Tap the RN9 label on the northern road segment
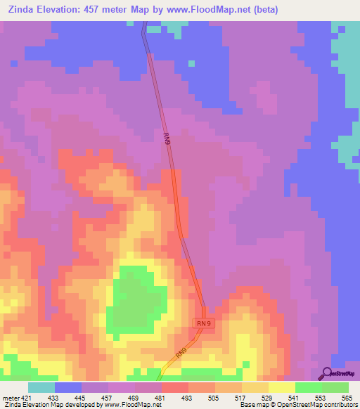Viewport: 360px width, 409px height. pyautogui.click(x=167, y=139)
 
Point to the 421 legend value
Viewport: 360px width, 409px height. pyautogui.click(x=28, y=397)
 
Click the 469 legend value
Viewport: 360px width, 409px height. pyautogui.click(x=134, y=397)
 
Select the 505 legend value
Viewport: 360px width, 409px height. pyautogui.click(x=214, y=397)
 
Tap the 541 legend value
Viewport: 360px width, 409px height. pyautogui.click(x=294, y=397)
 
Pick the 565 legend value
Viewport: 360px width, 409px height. pyautogui.click(x=347, y=397)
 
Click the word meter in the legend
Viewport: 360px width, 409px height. pyautogui.click(x=11, y=397)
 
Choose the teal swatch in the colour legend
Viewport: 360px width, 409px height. pyautogui.click(x=41, y=387)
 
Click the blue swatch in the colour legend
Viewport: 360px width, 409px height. pyautogui.click(x=68, y=387)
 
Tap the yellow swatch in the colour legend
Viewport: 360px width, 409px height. pyautogui.click(x=282, y=387)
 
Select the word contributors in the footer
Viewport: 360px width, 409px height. pyautogui.click(x=339, y=405)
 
